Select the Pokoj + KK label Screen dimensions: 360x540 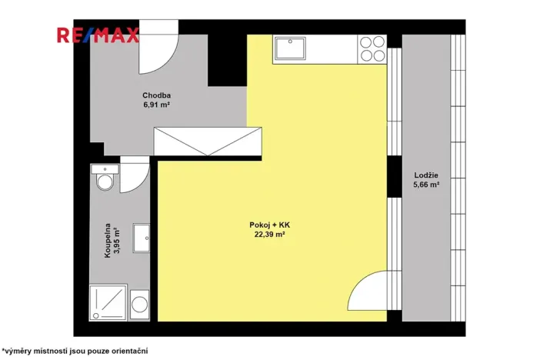269,225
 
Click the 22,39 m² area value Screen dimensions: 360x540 269,235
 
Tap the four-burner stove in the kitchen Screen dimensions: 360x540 372,48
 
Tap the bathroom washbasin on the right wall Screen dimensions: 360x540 141,238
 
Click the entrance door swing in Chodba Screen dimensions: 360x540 162,51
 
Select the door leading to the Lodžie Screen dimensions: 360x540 368,292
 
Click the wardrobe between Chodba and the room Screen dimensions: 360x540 208,142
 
